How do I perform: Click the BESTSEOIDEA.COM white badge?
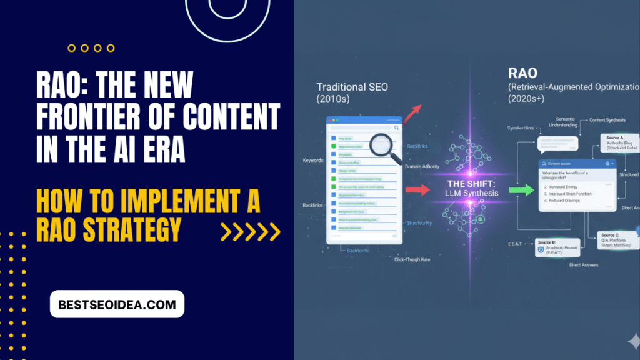[117, 304]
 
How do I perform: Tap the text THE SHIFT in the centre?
[472, 184]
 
